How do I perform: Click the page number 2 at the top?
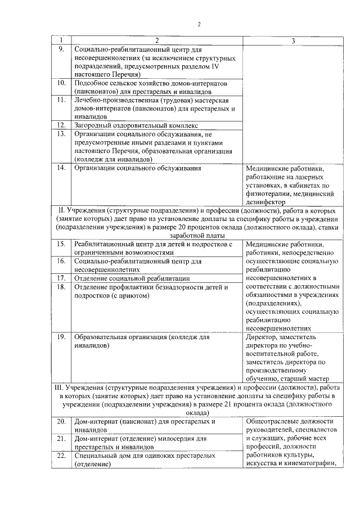199,24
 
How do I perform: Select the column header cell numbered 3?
293,40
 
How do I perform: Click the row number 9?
61,49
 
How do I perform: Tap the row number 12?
62,124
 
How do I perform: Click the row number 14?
62,168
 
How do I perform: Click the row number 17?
62,278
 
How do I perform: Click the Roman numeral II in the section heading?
62,210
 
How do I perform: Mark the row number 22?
62,455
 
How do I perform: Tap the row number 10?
62,83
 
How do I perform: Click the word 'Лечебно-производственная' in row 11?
117,100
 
